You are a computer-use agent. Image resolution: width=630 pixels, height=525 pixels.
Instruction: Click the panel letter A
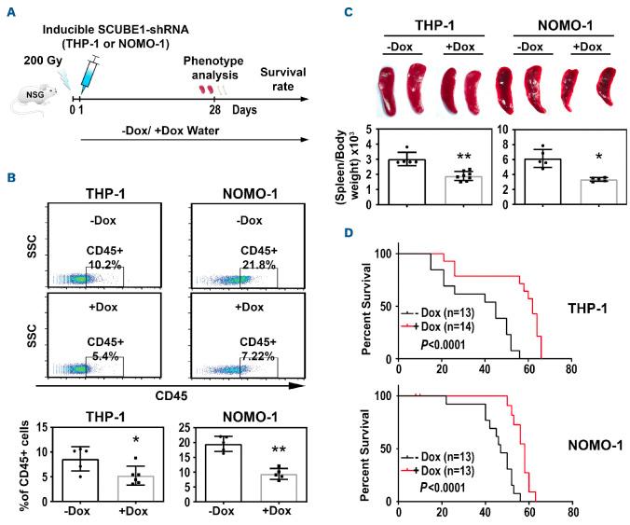pos(8,12)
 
